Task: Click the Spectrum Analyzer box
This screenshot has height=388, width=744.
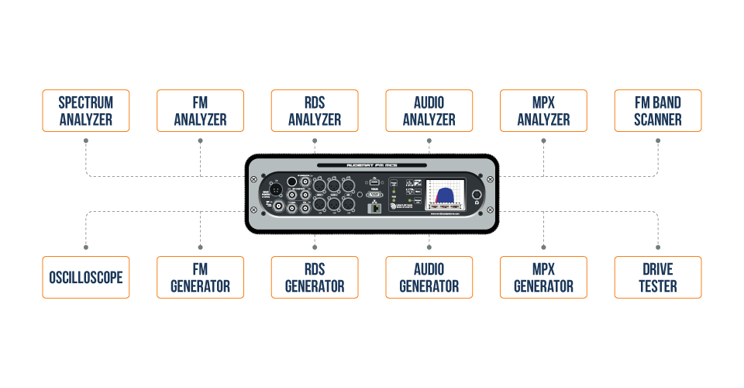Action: point(86,110)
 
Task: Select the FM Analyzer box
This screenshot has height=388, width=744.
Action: point(200,110)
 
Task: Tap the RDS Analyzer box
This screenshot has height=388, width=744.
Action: point(315,110)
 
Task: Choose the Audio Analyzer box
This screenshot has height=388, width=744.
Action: point(429,110)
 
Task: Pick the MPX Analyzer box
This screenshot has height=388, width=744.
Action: point(543,110)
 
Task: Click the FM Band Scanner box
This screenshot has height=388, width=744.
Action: point(658,110)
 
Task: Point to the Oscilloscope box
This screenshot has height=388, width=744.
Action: point(86,277)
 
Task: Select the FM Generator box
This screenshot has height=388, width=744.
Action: point(200,277)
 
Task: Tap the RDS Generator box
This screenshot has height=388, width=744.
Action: point(315,277)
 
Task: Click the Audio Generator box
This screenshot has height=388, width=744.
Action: point(429,277)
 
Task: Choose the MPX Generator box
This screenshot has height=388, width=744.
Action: point(543,277)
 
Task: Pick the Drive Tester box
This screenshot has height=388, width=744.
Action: point(658,277)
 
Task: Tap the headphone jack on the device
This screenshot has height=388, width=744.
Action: point(477,195)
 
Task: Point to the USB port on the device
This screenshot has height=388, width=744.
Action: point(374,180)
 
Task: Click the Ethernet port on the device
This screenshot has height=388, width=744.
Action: point(374,206)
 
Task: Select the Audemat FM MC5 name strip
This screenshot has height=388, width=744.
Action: point(372,165)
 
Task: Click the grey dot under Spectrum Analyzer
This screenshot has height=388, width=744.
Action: point(86,140)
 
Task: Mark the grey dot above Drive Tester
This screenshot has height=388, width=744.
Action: point(658,248)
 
